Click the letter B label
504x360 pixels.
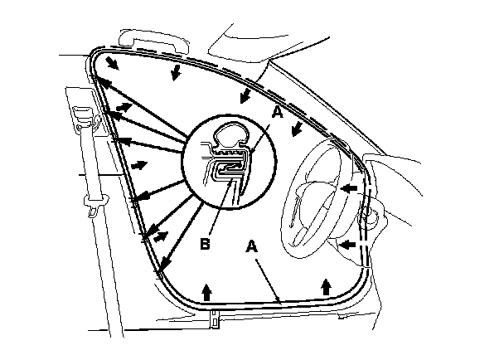click(x=205, y=246)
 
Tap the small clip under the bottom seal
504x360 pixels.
click(x=214, y=316)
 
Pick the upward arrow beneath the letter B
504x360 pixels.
click(x=206, y=290)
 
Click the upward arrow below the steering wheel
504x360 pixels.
click(x=327, y=285)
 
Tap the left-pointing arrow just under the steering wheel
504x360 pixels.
click(x=350, y=245)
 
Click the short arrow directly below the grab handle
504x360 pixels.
click(x=175, y=75)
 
